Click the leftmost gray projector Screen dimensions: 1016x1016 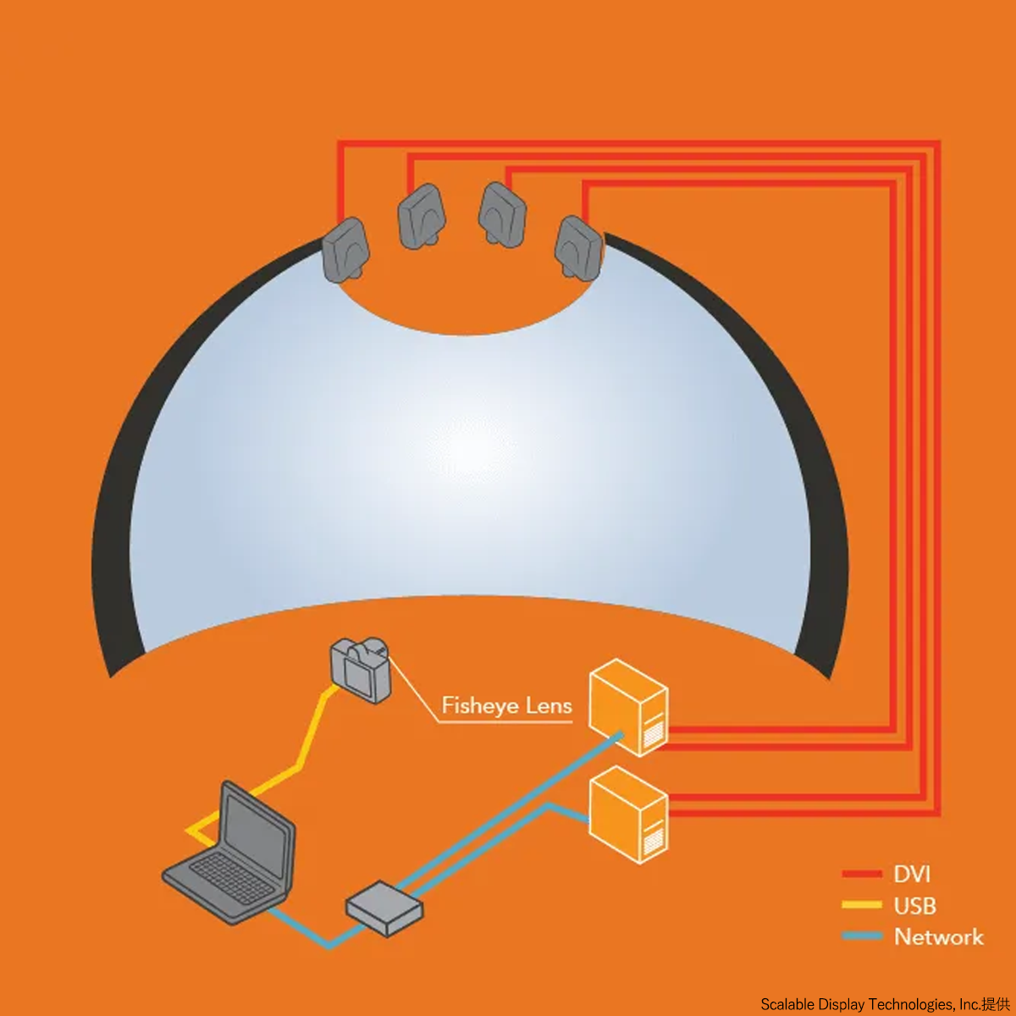pos(345,250)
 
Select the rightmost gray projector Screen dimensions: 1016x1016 pos(579,248)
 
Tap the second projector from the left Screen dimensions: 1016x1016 pos(422,216)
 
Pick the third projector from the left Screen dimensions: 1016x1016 pos(502,215)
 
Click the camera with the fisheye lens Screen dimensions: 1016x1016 pos(362,670)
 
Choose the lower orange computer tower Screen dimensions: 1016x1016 pos(628,815)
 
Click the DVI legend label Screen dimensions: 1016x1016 pos(912,874)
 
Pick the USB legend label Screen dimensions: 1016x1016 pos(914,906)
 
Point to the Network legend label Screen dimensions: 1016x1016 pos(939,937)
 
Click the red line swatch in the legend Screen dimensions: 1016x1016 pos(862,874)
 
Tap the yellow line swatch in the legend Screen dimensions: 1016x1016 pos(862,905)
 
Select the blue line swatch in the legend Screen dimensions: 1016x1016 pos(862,936)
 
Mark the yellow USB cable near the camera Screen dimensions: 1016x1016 pos(300,765)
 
